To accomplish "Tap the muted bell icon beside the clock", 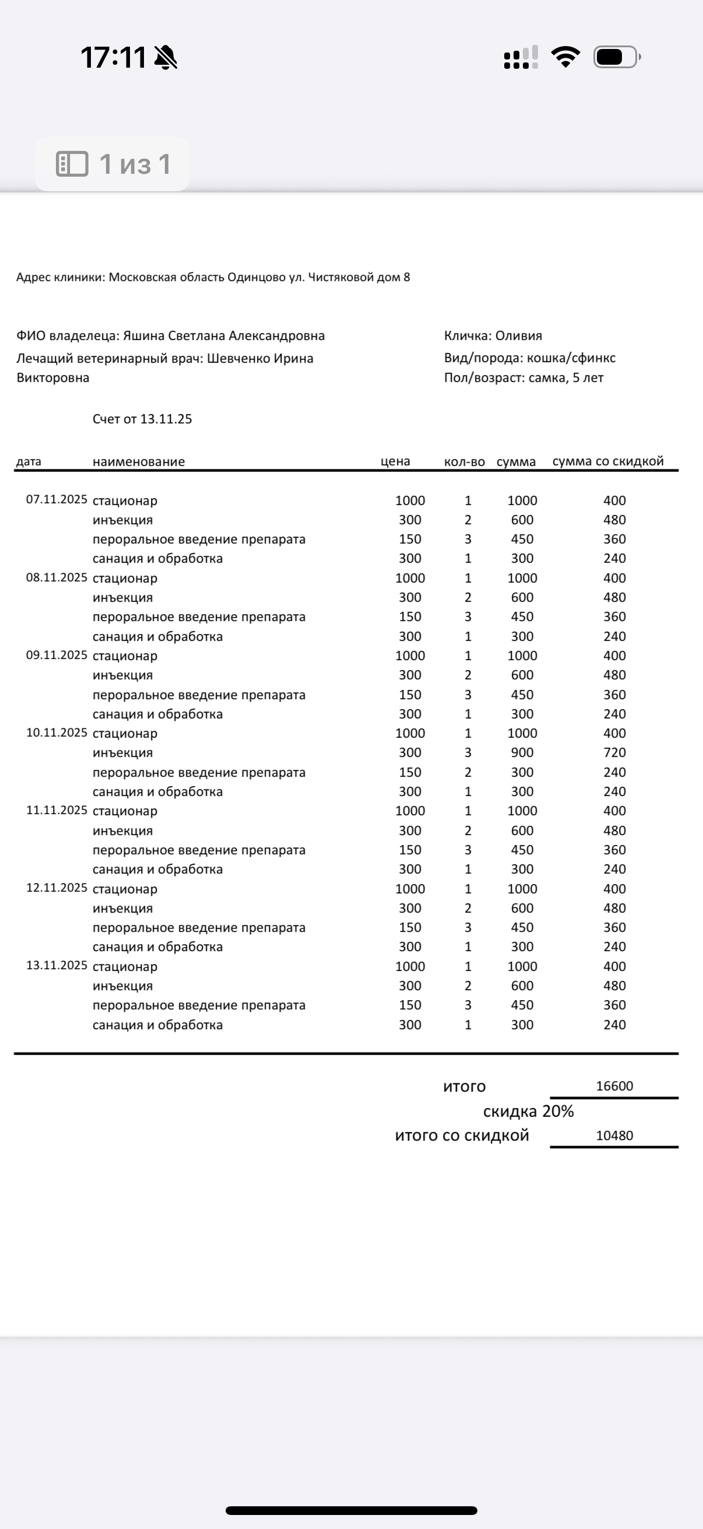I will click(x=166, y=58).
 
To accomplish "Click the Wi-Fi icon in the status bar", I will click(x=565, y=57).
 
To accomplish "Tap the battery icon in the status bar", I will click(x=616, y=57).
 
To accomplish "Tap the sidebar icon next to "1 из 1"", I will click(x=72, y=164).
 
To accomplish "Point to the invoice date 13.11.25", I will click(x=166, y=419).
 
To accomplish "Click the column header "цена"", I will click(x=395, y=462).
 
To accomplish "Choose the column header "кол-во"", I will click(x=464, y=462).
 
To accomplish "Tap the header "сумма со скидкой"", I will click(x=607, y=461).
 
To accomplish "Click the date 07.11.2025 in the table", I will click(x=57, y=499).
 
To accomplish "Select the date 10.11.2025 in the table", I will click(x=57, y=732).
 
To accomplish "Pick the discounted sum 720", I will click(x=614, y=753).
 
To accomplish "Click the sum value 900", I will click(x=522, y=753).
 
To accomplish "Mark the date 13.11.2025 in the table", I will click(x=57, y=965).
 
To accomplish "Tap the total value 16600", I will click(x=614, y=1086).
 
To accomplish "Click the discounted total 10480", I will click(x=614, y=1135).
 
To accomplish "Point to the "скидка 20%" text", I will click(x=528, y=1111).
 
